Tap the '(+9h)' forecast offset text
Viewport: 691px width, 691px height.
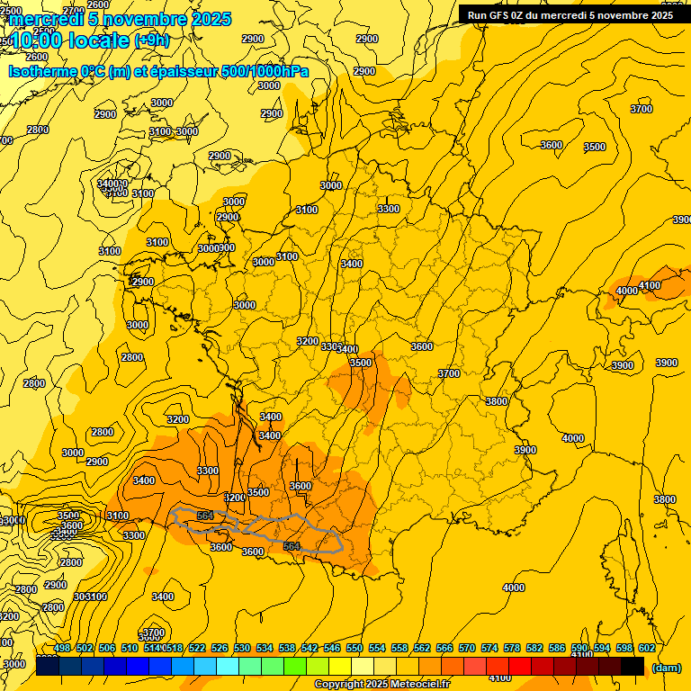151,40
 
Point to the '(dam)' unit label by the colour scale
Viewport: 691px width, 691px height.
666,668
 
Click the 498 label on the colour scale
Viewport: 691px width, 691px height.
62,648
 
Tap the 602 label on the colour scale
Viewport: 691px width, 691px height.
646,648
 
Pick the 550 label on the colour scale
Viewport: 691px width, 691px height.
354,648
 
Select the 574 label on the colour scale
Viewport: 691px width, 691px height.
489,648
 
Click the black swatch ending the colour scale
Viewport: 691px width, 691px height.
633,667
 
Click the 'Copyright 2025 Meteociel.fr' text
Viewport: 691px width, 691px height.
381,685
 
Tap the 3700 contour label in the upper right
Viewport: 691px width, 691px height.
641,109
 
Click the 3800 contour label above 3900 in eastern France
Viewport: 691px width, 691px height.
497,401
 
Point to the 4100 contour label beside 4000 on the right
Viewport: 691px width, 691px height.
649,285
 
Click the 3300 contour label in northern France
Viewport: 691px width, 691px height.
389,209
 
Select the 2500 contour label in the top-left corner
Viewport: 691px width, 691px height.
10,11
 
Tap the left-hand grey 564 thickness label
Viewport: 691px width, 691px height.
205,516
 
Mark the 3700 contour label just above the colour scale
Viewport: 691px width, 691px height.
154,633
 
